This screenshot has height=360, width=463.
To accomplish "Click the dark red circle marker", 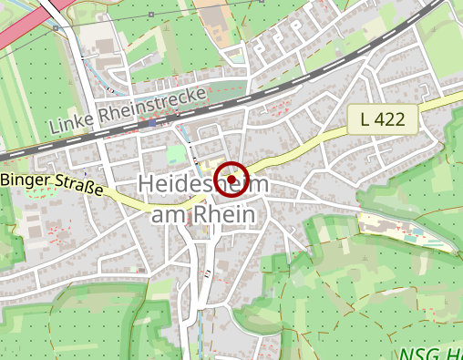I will pyautogui.click(x=232, y=180).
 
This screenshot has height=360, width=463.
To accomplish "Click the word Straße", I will pyautogui.click(x=77, y=189).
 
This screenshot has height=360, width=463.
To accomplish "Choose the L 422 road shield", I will pyautogui.click(x=383, y=118).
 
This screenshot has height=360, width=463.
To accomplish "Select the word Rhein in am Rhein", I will pyautogui.click(x=229, y=213).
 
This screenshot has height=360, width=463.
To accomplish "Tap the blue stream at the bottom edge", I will pyautogui.click(x=194, y=346).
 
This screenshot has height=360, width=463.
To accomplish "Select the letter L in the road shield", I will pyautogui.click(x=365, y=118).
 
